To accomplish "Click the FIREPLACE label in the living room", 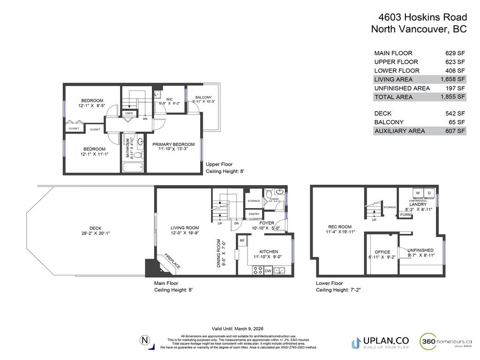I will pos(172,261).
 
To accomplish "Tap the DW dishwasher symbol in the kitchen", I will pos(268,270).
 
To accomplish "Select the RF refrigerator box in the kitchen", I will pos(242,240).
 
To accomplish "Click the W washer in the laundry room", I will pos(418,193).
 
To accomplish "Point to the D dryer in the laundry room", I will pos(428,193).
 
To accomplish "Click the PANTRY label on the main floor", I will pos(254,214).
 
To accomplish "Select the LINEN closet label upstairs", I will pos(129,113).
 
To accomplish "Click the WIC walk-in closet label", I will pos(170,99).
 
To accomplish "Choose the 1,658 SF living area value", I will pos(453,79).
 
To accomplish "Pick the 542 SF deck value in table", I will pos(455,113).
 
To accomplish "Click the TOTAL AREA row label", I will pos(393,97).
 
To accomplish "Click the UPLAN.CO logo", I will pos(380,342).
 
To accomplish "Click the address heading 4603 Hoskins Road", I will pos(422,18).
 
